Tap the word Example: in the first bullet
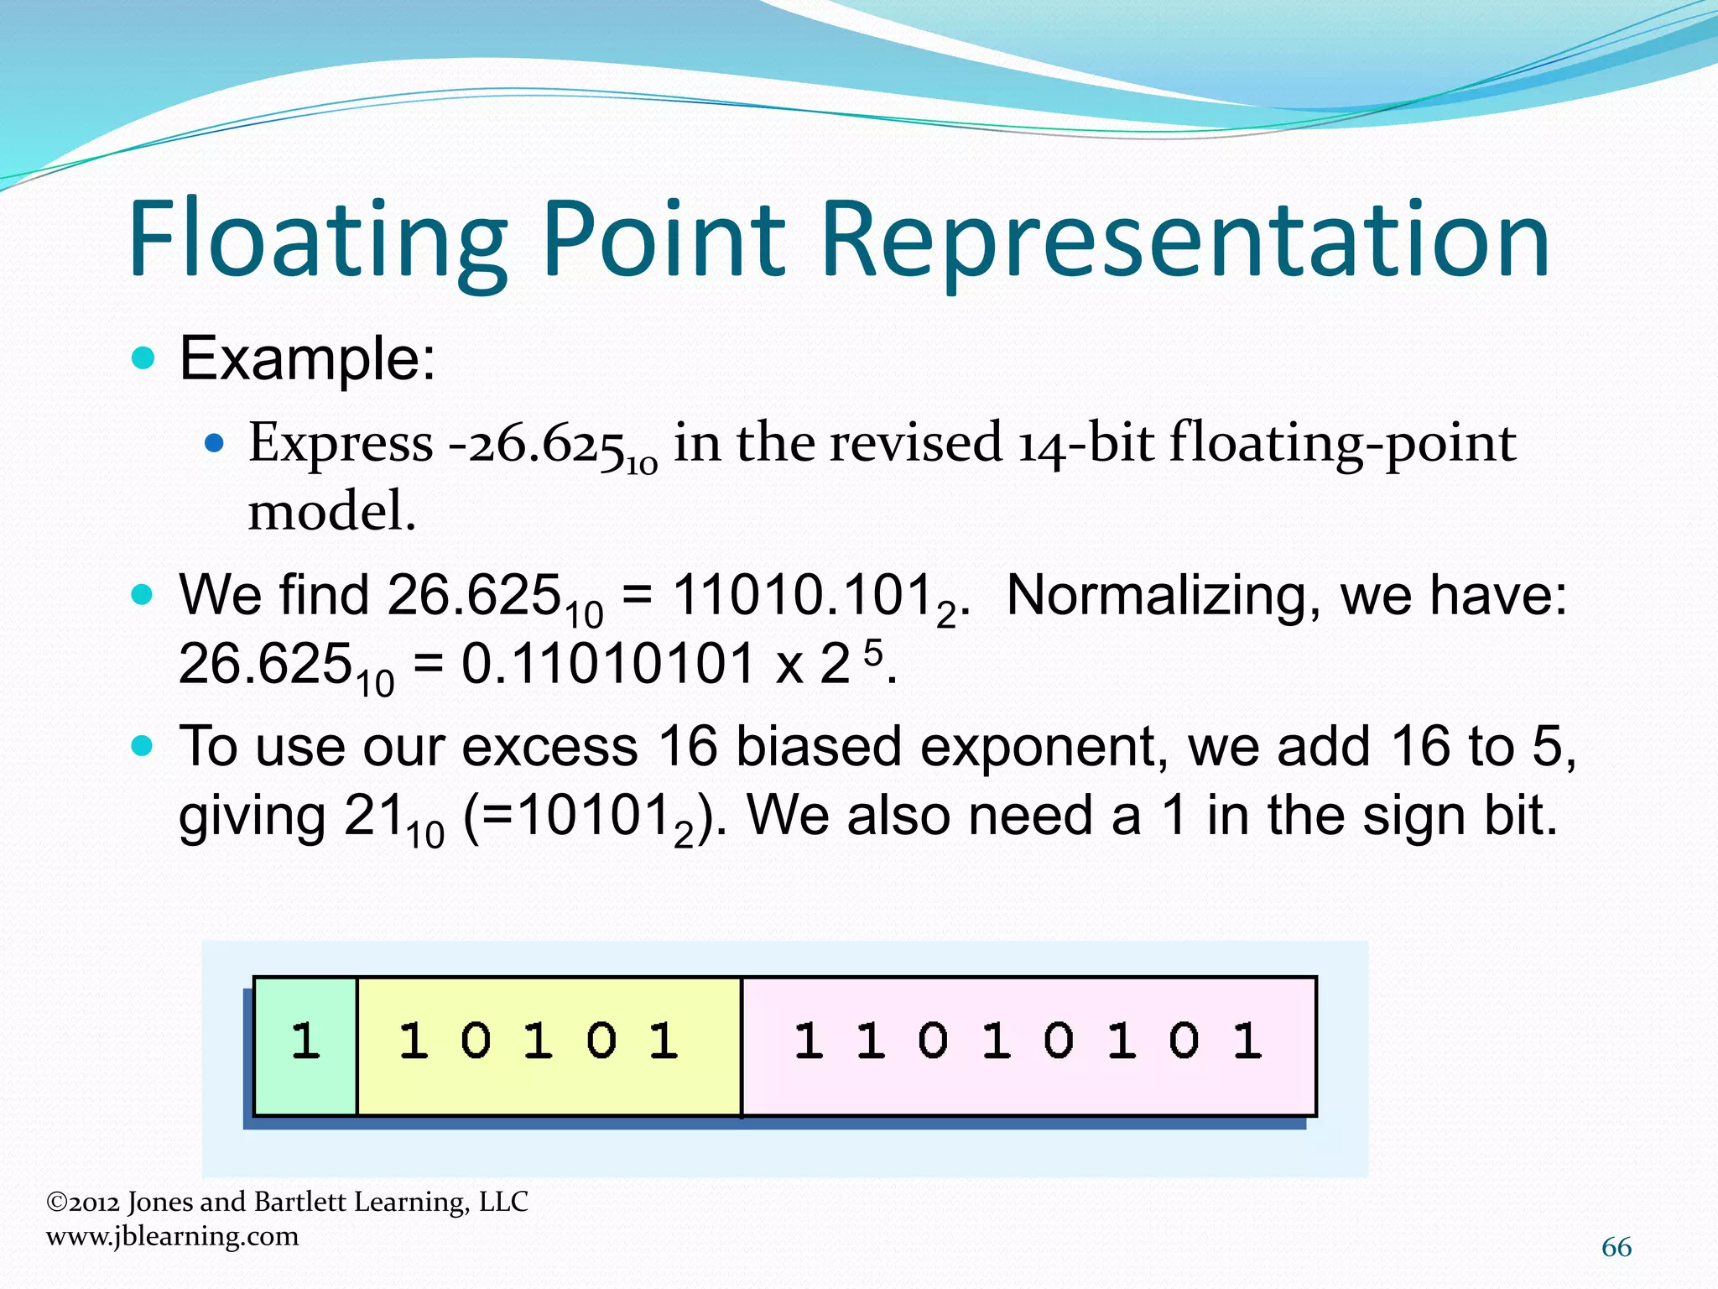pyautogui.click(x=308, y=359)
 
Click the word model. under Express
pyautogui.click(x=332, y=512)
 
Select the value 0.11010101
pyautogui.click(x=608, y=665)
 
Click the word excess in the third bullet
pyautogui.click(x=549, y=746)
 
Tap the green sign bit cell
pyautogui.click(x=305, y=1044)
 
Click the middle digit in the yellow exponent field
pyautogui.click(x=538, y=1041)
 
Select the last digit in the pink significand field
pyautogui.click(x=1247, y=1041)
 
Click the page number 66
pyautogui.click(x=1616, y=1248)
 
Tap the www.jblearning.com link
pyautogui.click(x=173, y=1236)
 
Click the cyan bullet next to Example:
pyautogui.click(x=144, y=359)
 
